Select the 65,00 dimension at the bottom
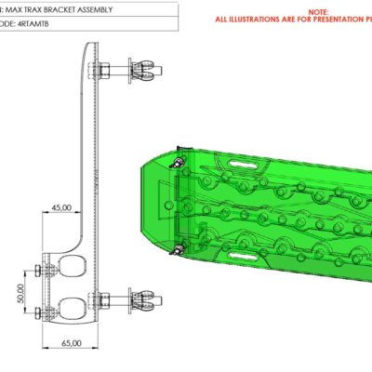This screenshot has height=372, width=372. [x=73, y=343]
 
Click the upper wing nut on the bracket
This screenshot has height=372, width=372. [x=143, y=70]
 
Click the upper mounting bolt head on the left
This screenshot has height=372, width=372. [x=38, y=270]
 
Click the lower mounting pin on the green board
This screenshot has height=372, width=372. [x=178, y=249]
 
